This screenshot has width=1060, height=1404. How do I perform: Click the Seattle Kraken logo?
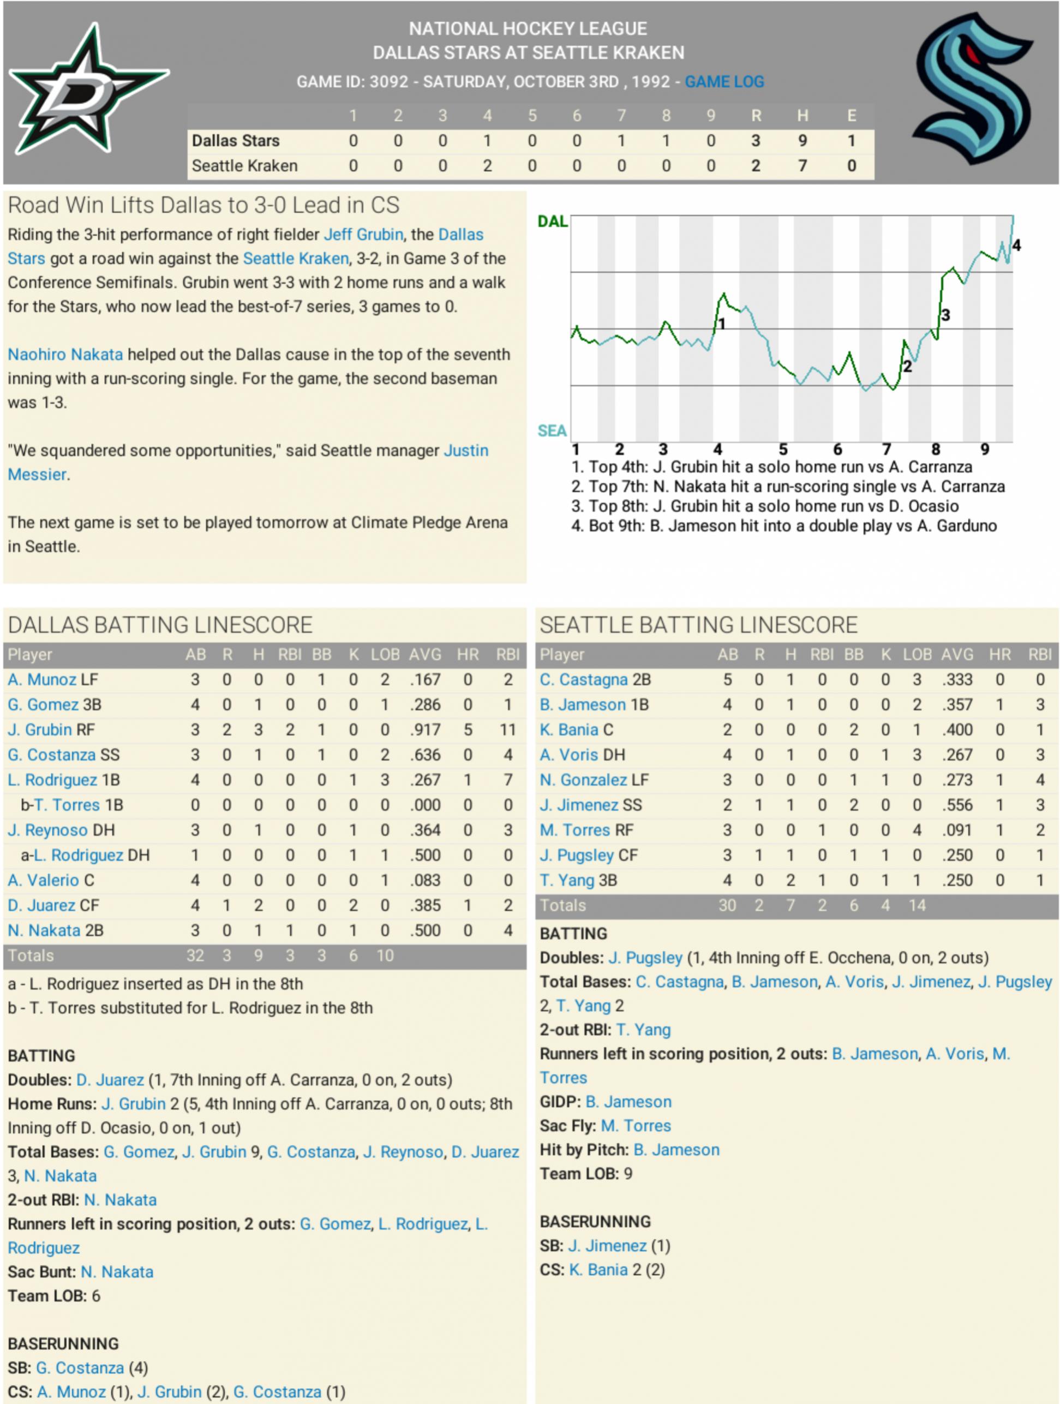click(971, 88)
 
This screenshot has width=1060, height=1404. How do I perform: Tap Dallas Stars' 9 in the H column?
click(803, 141)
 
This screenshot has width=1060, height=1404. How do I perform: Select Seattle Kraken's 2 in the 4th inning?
click(487, 166)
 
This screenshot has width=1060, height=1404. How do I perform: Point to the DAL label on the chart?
click(552, 222)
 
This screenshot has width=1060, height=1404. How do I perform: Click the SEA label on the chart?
click(552, 431)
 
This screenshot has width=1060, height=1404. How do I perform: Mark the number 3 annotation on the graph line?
click(945, 315)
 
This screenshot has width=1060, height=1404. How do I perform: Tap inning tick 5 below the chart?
click(783, 450)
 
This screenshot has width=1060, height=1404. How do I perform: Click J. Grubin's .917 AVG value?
click(424, 730)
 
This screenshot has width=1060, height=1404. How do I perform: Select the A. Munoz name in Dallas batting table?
click(42, 680)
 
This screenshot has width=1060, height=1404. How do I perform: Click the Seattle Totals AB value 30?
click(727, 905)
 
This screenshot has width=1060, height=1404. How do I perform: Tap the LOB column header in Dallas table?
click(385, 654)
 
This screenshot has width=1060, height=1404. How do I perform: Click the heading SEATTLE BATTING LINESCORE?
click(698, 625)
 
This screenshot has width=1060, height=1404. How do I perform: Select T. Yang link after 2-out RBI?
click(643, 1030)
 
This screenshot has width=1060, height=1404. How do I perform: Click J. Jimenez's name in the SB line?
click(607, 1246)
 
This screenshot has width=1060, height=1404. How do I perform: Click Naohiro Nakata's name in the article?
click(65, 354)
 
